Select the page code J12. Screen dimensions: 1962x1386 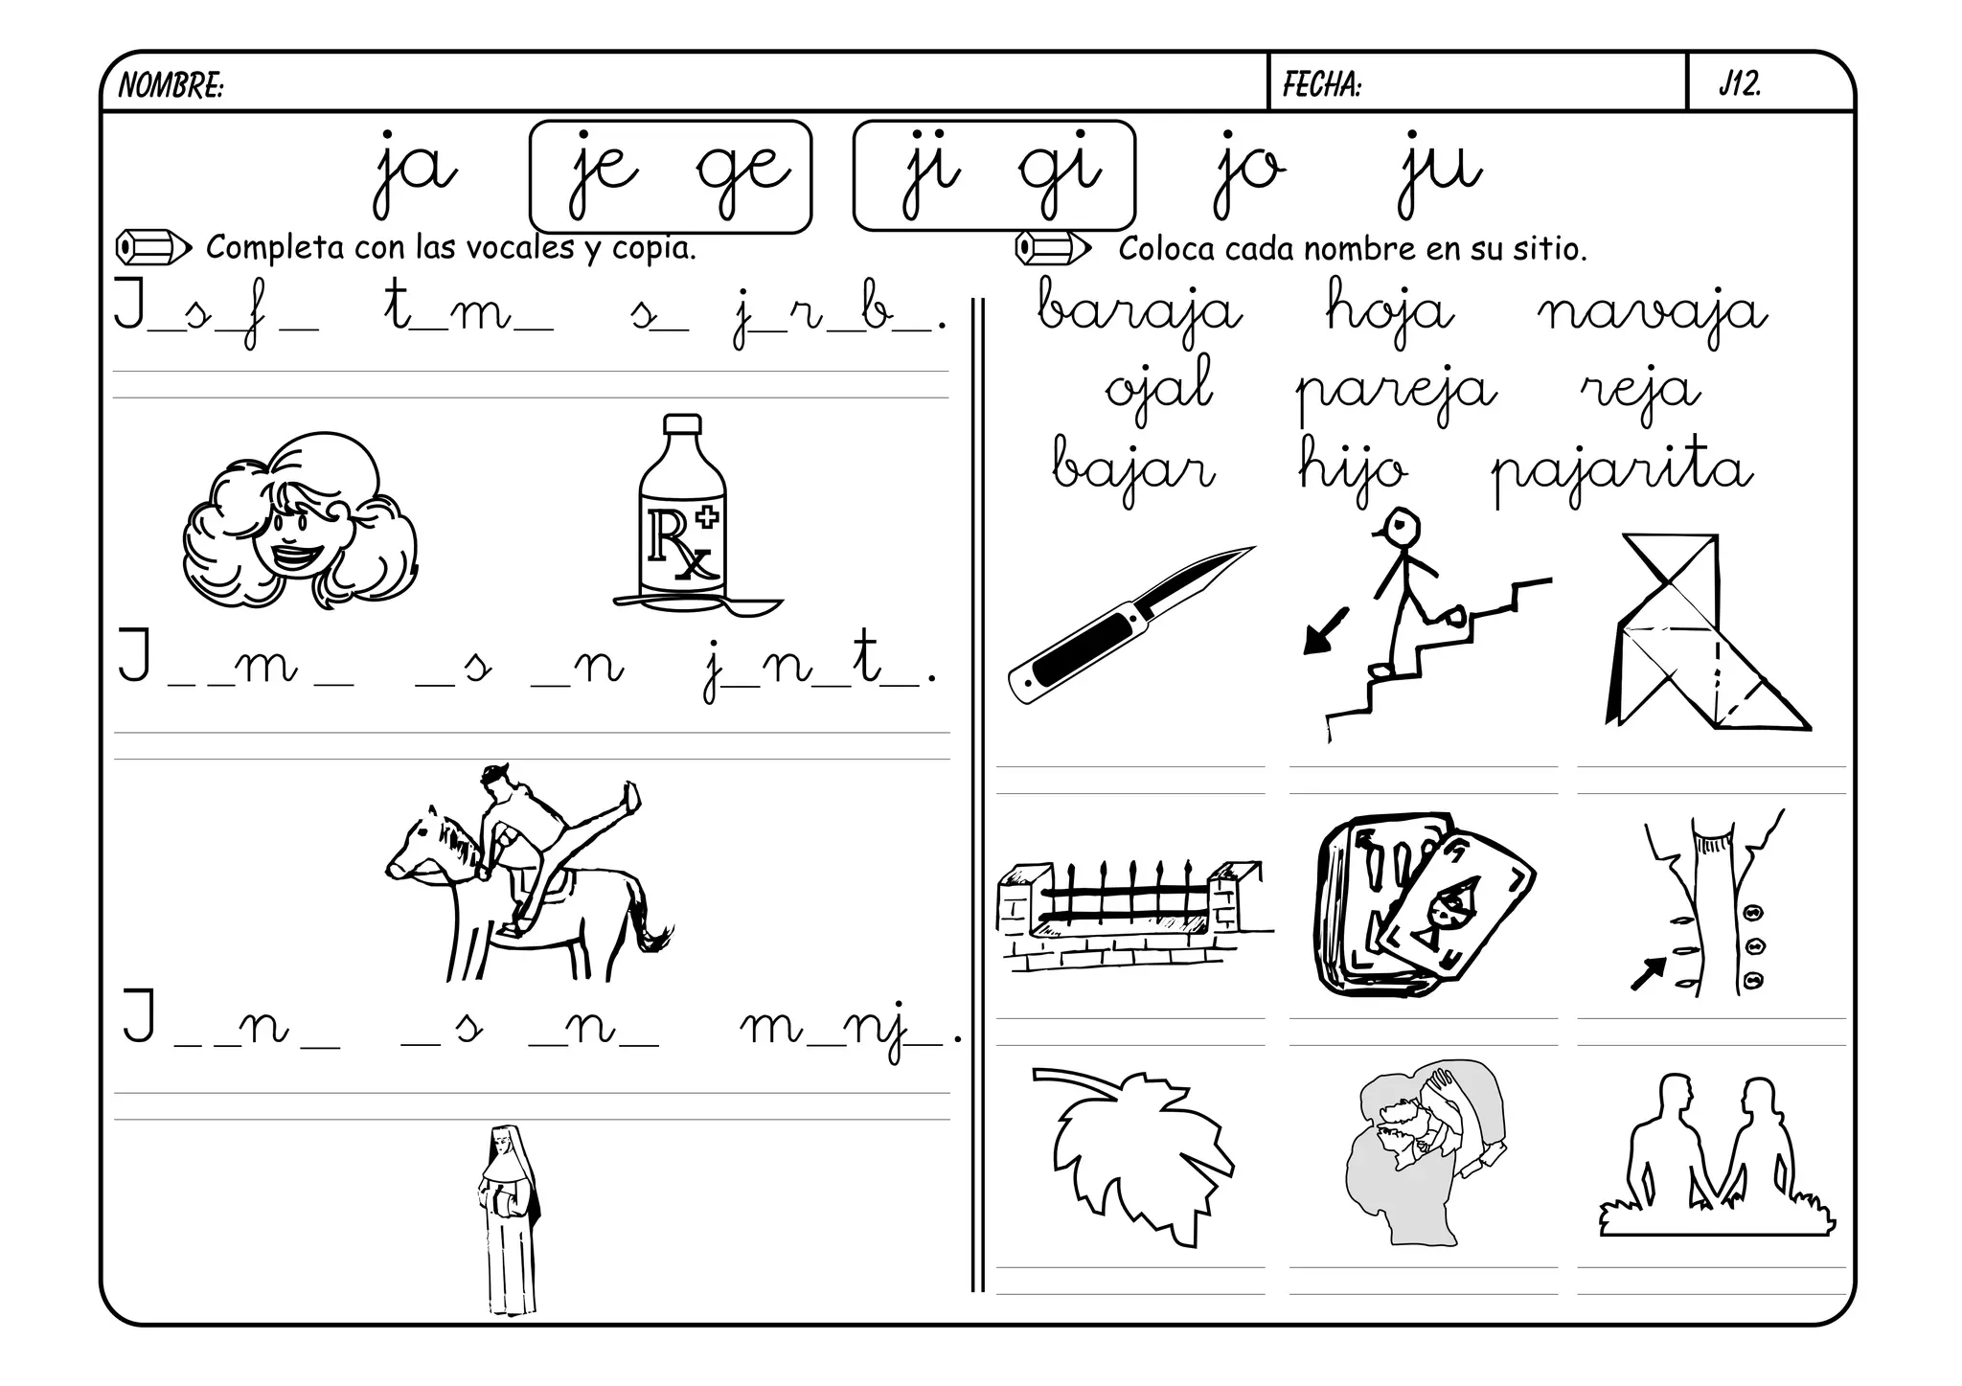[1740, 84]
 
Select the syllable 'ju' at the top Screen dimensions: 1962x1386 [1440, 172]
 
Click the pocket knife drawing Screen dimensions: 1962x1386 [1131, 625]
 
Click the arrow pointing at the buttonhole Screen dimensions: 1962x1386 [1648, 973]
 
